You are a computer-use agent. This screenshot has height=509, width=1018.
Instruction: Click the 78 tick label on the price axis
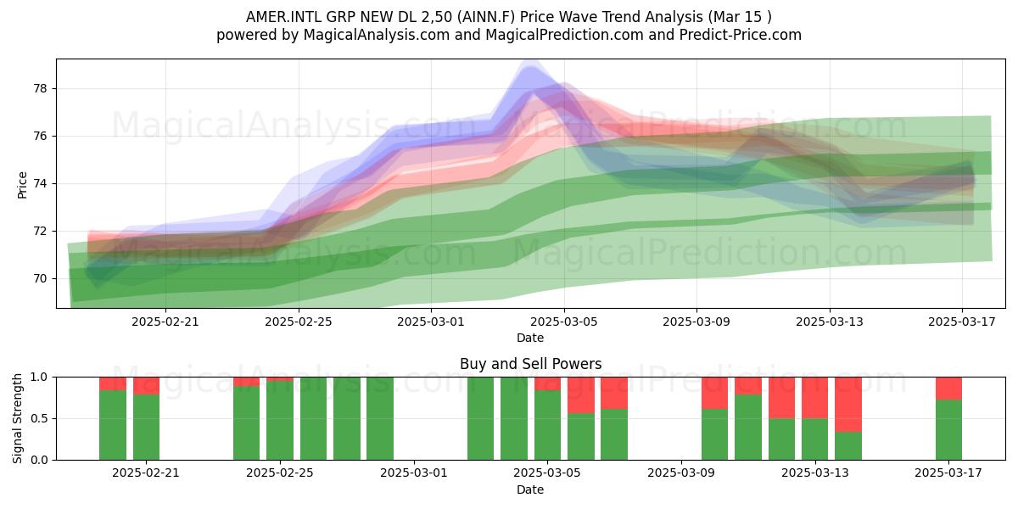tap(40, 88)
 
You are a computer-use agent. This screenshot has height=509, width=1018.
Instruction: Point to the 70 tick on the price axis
tap(40, 278)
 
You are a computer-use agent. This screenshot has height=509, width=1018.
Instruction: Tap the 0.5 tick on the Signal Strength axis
tap(39, 418)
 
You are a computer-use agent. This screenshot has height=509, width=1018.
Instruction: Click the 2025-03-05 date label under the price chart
tap(564, 322)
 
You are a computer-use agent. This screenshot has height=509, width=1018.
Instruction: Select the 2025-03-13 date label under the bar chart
tap(815, 473)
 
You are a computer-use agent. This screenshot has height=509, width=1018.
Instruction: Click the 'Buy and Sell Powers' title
tap(530, 364)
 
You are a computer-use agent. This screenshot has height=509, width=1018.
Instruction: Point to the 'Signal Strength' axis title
tap(17, 418)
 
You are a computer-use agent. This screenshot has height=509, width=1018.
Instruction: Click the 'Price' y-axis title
tap(22, 185)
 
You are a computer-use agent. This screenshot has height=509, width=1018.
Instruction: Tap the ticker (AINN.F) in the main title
tap(486, 17)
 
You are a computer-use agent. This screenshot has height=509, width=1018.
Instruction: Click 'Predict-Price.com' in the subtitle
tap(741, 35)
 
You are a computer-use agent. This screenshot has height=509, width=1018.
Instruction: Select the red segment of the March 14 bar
tap(848, 405)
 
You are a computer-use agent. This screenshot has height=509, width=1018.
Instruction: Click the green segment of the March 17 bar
tap(948, 430)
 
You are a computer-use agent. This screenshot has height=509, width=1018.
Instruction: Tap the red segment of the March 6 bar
tap(581, 395)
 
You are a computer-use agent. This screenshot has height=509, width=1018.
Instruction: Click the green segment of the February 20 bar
tap(113, 425)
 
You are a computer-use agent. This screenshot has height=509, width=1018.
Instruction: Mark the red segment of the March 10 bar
tap(714, 393)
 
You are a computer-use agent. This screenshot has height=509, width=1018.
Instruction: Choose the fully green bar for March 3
tap(480, 418)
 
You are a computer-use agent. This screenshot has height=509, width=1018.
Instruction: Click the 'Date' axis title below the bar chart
tap(530, 489)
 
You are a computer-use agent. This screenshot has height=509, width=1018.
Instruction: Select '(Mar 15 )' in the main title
tap(740, 17)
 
